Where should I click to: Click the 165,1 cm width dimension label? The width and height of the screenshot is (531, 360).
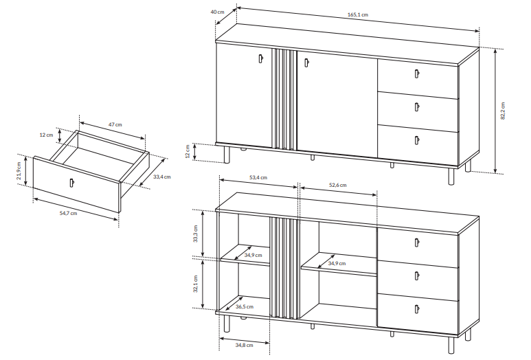358,15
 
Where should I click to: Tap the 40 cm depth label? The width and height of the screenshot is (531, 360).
217,12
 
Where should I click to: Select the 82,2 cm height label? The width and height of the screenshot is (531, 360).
503,111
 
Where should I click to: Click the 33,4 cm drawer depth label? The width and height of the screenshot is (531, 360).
162,177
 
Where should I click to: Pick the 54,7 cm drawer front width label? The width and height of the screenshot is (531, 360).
69,214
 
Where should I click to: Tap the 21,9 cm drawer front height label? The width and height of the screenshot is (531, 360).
19,170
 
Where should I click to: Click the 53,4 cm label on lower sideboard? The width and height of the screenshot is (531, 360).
258,177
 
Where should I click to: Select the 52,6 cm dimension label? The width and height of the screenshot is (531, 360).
338,185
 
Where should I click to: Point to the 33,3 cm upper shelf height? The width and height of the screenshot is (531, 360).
195,234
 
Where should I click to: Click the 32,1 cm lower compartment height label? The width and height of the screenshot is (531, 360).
195,284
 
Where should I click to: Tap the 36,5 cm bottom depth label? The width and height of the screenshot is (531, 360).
245,307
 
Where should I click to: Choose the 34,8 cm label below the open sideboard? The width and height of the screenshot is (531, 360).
244,345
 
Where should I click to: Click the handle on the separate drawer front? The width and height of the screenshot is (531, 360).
71,182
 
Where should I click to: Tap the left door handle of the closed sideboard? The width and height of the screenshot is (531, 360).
260,58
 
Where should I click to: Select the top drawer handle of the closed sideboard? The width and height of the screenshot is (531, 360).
416,74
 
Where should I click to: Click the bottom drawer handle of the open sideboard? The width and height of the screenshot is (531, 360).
416,309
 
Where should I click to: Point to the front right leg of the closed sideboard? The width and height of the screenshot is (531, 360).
451,177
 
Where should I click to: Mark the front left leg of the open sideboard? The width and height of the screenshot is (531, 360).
227,324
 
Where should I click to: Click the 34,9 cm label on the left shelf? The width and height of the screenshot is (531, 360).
253,255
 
